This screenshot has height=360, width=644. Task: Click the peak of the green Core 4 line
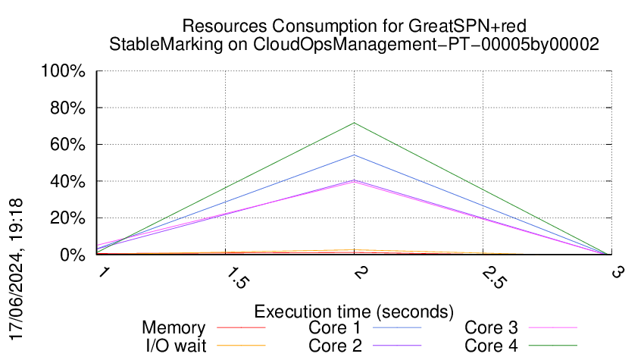pyautogui.click(x=354, y=123)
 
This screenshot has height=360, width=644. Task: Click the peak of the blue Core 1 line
pyautogui.click(x=354, y=155)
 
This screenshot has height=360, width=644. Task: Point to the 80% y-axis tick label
pyautogui.click(x=67, y=108)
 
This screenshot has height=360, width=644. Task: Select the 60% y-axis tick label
pyautogui.click(x=67, y=145)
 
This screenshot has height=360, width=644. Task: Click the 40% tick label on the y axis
pyautogui.click(x=67, y=182)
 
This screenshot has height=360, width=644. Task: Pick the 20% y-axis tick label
pyautogui.click(x=67, y=218)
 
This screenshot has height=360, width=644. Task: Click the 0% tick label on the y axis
pyautogui.click(x=71, y=255)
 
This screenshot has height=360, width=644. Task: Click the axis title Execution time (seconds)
pyautogui.click(x=354, y=311)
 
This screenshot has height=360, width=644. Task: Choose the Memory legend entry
pyautogui.click(x=174, y=328)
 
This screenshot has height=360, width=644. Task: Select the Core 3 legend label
pyautogui.click(x=491, y=328)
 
